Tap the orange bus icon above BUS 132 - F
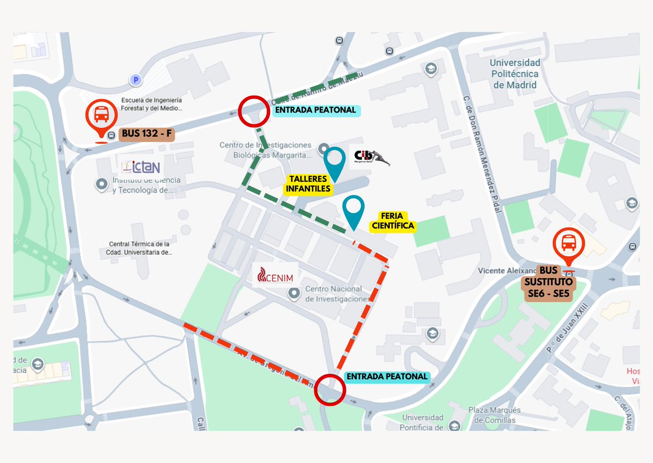point(101,116)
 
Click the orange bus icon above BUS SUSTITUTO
point(569,244)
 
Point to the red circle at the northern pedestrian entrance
point(254,111)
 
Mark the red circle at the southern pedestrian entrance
point(330,389)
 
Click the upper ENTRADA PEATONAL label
point(316,110)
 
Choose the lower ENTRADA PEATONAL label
point(387,376)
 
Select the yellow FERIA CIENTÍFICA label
point(392,221)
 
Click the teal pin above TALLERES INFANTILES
point(334,160)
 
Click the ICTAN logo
point(141,166)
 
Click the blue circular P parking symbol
point(135,81)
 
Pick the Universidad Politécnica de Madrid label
point(515,74)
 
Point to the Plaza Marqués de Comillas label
point(494,415)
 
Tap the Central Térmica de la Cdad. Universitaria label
point(140,248)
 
